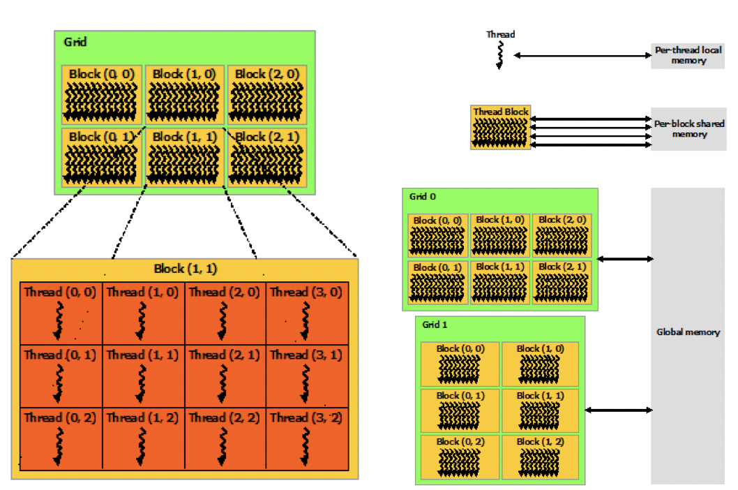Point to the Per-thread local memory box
click(688, 56)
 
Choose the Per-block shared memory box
click(688, 129)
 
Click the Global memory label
click(688, 332)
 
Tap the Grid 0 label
click(423, 197)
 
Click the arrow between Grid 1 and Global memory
click(618, 410)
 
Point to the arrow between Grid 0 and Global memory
click(625, 260)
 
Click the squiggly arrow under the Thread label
click(500, 54)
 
